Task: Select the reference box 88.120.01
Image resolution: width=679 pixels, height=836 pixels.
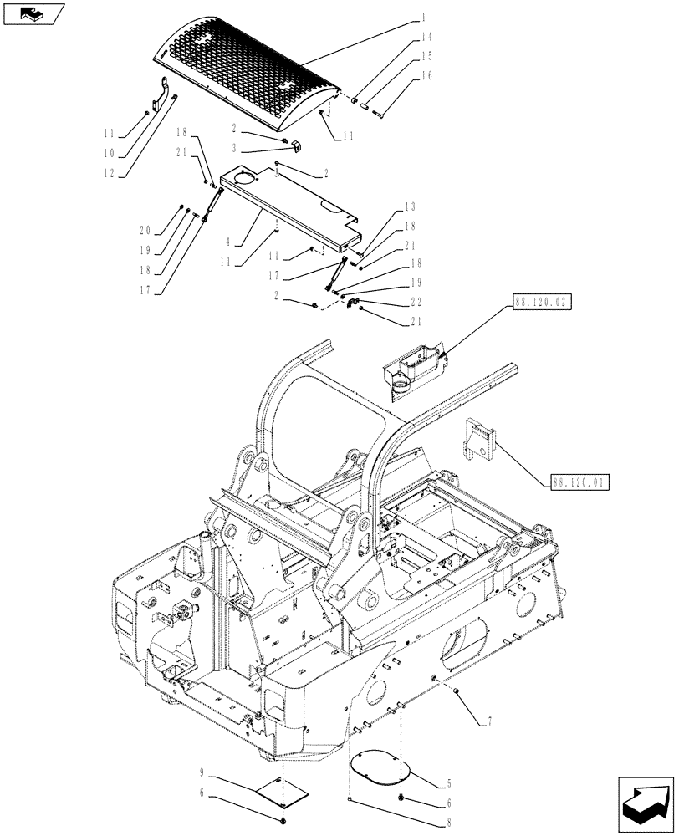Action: pos(580,482)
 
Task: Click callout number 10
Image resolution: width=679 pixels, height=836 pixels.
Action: pos(108,153)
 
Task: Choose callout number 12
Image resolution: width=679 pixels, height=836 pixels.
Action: pos(108,174)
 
